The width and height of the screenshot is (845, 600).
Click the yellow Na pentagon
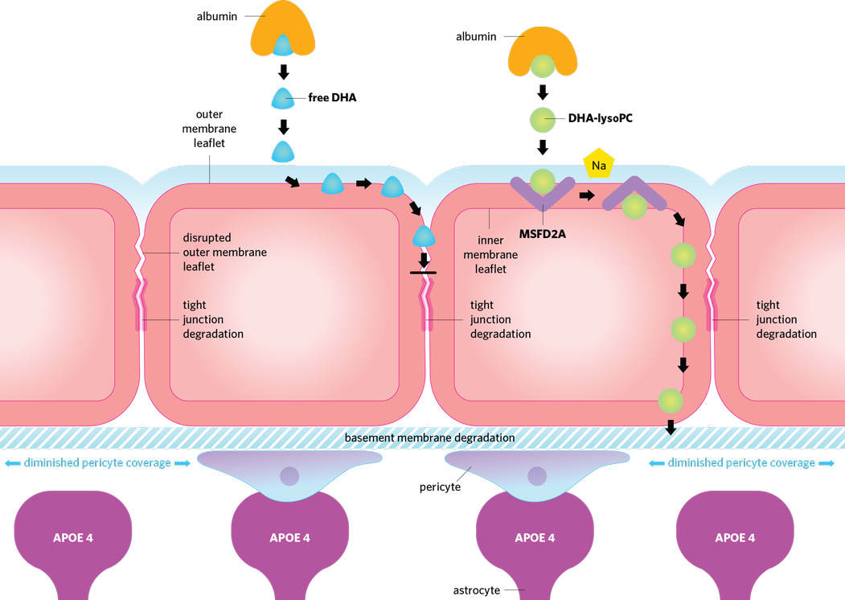[598, 164]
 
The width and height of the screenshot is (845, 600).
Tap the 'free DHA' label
[332, 99]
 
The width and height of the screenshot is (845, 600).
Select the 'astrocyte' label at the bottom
[476, 590]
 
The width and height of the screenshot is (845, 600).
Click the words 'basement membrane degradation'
[429, 438]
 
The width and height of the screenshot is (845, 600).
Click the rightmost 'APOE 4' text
[736, 538]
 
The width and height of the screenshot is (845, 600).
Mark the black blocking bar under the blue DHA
[423, 273]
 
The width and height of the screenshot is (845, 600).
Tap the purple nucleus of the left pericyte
[288, 476]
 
